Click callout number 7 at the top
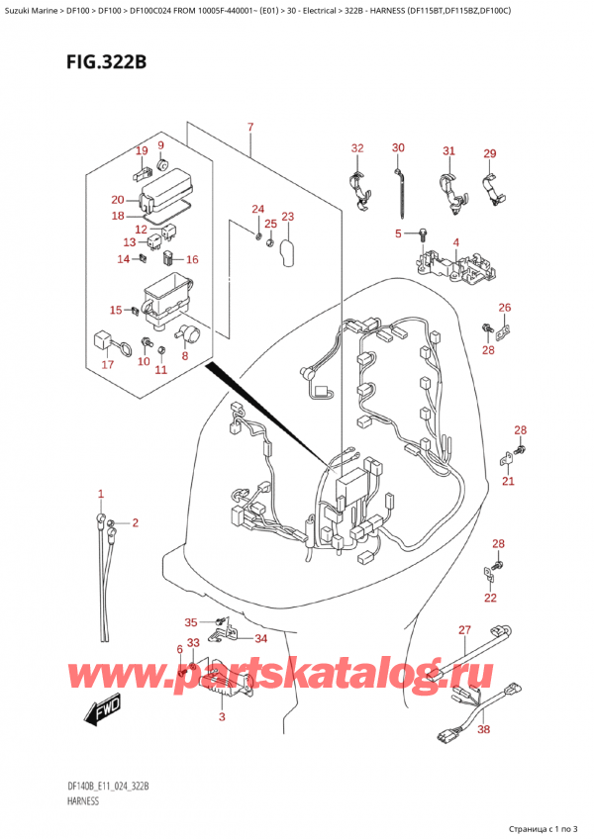[250, 128]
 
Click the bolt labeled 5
[421, 235]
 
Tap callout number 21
[508, 481]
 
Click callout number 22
[491, 598]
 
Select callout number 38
[483, 729]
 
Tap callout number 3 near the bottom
[222, 716]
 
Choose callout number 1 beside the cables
[100, 494]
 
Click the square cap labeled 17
[102, 339]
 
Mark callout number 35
[191, 621]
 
